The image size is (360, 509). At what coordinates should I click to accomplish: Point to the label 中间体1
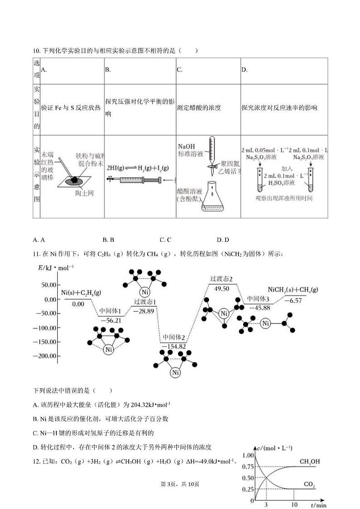[x=110, y=311]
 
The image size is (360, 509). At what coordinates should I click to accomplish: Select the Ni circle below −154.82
[x=175, y=372]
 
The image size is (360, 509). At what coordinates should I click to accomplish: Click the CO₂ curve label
[x=309, y=484]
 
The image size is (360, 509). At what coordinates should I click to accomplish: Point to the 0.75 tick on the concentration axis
[x=248, y=466]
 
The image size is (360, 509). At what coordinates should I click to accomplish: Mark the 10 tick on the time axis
[x=294, y=504]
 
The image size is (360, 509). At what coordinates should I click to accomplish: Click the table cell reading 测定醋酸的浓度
[x=199, y=108]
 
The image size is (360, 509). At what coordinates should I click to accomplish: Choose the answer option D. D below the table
[x=223, y=240]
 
